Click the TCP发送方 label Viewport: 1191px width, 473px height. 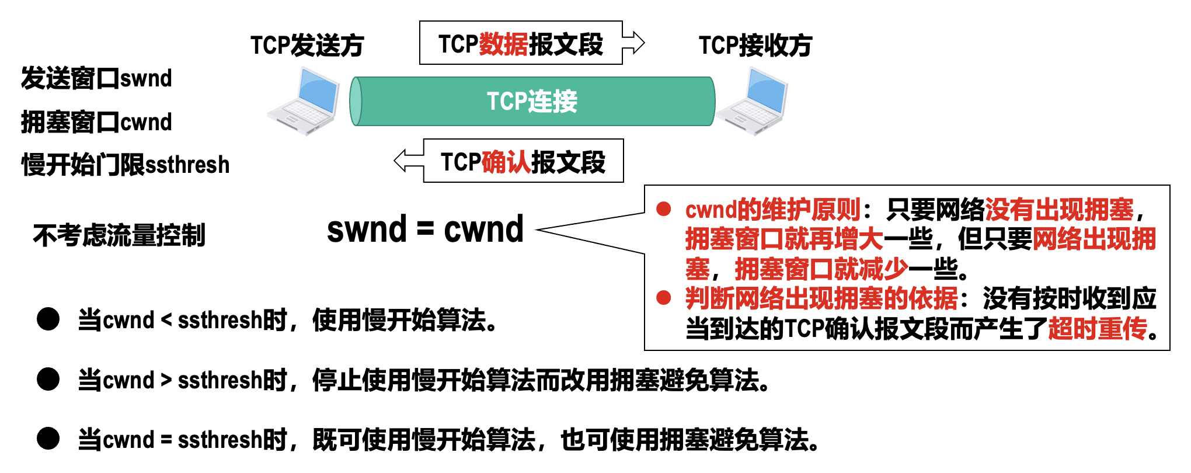(307, 45)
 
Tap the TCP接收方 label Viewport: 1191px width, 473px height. (755, 45)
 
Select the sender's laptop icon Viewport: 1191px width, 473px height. (304, 101)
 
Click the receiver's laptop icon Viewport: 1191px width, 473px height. (753, 101)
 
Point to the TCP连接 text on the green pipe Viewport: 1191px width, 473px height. (532, 101)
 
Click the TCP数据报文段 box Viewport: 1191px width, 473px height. (520, 43)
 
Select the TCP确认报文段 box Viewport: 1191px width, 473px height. (523, 161)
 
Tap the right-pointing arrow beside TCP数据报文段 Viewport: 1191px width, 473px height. (633, 43)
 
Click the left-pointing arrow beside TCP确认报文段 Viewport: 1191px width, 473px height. (409, 161)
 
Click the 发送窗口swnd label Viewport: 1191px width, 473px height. (96, 78)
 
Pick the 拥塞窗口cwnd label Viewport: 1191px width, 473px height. (96, 122)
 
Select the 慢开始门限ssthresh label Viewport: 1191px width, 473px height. (126, 165)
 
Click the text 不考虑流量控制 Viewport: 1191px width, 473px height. (119, 235)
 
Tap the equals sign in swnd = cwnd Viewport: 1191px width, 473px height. (425, 229)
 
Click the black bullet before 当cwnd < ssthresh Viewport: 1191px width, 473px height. (48, 319)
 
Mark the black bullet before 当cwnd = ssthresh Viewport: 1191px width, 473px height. (48, 439)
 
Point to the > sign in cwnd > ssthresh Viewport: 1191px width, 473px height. (166, 380)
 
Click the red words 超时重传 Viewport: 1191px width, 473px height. (1098, 328)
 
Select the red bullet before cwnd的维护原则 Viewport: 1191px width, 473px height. (663, 209)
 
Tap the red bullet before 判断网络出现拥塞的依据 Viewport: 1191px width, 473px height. (663, 298)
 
